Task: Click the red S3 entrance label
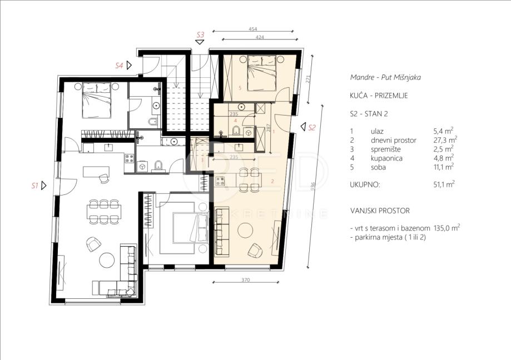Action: [200, 34]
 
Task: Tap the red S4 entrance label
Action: [119, 66]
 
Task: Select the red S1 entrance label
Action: [35, 186]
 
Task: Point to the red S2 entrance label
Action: [312, 128]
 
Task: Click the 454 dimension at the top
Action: [253, 29]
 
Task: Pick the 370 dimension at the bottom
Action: [246, 280]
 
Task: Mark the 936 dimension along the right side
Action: [314, 186]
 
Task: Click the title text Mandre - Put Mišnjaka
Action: [385, 77]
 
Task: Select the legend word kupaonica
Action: [386, 158]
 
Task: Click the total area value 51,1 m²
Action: [444, 184]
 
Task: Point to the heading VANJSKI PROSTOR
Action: [380, 211]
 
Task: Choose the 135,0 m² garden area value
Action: [447, 228]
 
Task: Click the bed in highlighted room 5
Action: [262, 73]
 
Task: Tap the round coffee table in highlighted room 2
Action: [245, 231]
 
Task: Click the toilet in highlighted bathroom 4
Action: [236, 131]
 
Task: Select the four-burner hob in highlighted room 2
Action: [220, 181]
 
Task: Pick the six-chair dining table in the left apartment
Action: [104, 212]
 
